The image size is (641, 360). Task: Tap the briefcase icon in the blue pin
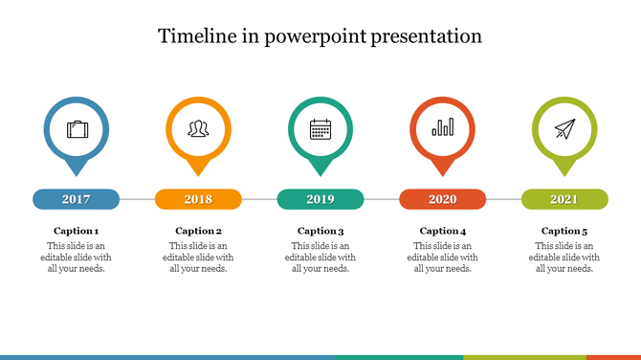76,128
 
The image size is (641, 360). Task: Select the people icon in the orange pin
198,128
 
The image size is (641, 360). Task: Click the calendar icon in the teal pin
320,128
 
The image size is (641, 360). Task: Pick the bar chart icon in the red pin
442,128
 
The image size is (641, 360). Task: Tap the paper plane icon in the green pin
564,128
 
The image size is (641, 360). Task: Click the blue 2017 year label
76,199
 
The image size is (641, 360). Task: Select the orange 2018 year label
198,199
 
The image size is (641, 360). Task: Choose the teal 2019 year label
320,199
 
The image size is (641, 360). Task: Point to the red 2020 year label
442,199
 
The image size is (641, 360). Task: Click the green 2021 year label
564,199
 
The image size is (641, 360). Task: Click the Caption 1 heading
76,231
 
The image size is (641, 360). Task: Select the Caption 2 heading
198,231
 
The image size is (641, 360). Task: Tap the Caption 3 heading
320,231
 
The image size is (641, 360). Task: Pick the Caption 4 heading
442,231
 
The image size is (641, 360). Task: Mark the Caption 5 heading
564,231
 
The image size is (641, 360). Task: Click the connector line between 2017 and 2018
137,199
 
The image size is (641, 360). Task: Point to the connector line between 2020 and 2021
503,199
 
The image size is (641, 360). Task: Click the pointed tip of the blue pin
76,174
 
